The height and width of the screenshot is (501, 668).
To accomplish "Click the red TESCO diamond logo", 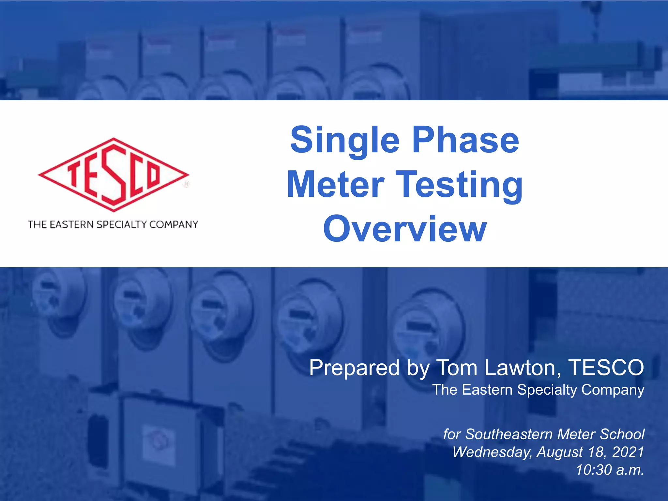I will click(x=113, y=175).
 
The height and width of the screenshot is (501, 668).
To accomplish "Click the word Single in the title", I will click(x=344, y=140).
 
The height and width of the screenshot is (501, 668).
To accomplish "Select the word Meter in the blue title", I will click(x=336, y=185).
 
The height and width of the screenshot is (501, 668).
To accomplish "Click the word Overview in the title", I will click(x=405, y=229).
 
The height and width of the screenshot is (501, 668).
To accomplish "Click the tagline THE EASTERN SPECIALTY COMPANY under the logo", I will click(x=113, y=224).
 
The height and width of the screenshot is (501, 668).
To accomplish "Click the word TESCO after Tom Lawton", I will click(x=606, y=368).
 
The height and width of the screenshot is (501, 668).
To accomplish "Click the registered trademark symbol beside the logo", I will click(x=186, y=184).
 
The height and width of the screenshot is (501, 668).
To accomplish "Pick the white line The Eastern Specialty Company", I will click(x=538, y=390).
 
